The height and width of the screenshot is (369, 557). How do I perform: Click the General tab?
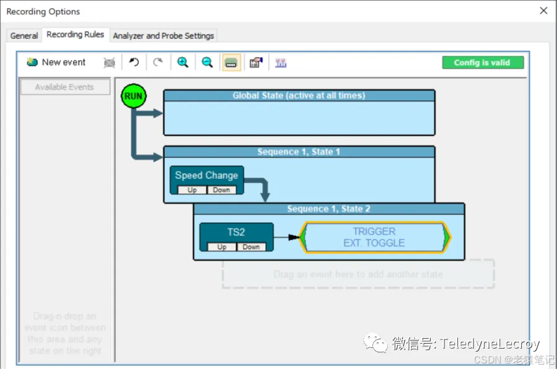24,36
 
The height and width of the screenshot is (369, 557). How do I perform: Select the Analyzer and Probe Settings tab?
164,36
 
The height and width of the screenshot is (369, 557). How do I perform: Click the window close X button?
543,11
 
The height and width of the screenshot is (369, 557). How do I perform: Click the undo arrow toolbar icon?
134,62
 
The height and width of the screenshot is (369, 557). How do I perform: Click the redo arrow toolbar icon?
158,62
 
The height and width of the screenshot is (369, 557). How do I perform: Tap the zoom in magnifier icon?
183,62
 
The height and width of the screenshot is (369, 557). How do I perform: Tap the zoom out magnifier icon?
208,62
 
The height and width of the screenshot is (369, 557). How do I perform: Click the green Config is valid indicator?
483,63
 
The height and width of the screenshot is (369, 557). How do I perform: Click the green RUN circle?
133,96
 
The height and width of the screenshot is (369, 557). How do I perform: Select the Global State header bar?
299,95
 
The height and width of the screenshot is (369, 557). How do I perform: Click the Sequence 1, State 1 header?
299,152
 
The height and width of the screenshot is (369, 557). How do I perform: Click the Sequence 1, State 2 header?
328,209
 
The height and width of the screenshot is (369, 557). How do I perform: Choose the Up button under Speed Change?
192,190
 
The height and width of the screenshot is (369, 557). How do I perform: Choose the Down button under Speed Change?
221,190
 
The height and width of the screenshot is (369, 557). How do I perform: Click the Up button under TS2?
222,247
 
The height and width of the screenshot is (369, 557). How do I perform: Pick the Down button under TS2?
251,247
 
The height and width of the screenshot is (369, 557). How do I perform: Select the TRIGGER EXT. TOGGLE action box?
374,237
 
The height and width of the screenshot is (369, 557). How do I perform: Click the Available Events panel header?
64,87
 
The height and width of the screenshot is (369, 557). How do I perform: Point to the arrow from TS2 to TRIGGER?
286,237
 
